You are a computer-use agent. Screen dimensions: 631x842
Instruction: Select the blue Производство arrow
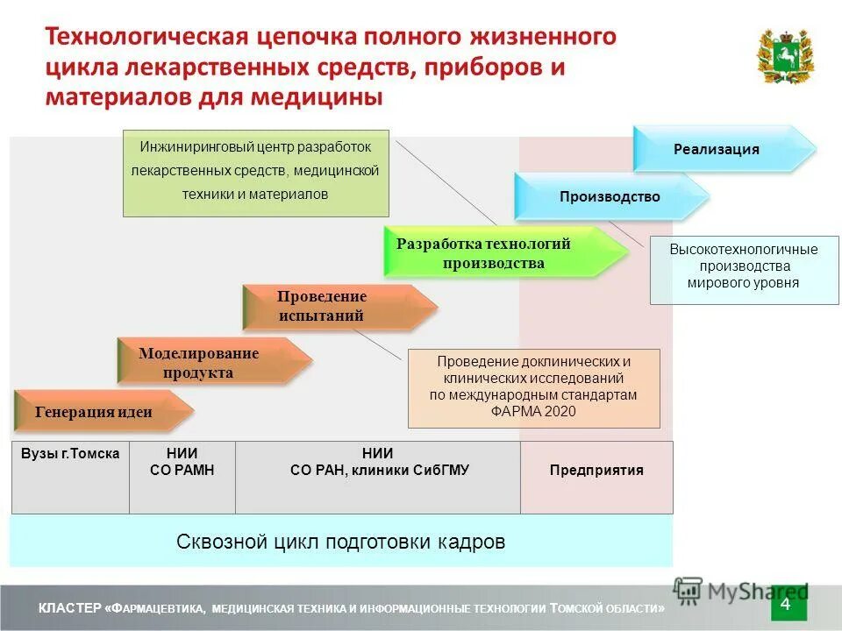[610, 197]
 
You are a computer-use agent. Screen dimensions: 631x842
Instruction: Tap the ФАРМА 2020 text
[533, 411]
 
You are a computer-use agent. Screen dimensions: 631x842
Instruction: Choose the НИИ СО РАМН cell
[182, 462]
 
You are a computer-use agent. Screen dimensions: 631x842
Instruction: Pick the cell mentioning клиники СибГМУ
[377, 471]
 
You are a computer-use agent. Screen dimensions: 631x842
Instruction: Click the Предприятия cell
[596, 471]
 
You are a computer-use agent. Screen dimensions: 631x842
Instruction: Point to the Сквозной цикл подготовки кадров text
[341, 542]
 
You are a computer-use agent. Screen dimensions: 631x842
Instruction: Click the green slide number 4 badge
[785, 605]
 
